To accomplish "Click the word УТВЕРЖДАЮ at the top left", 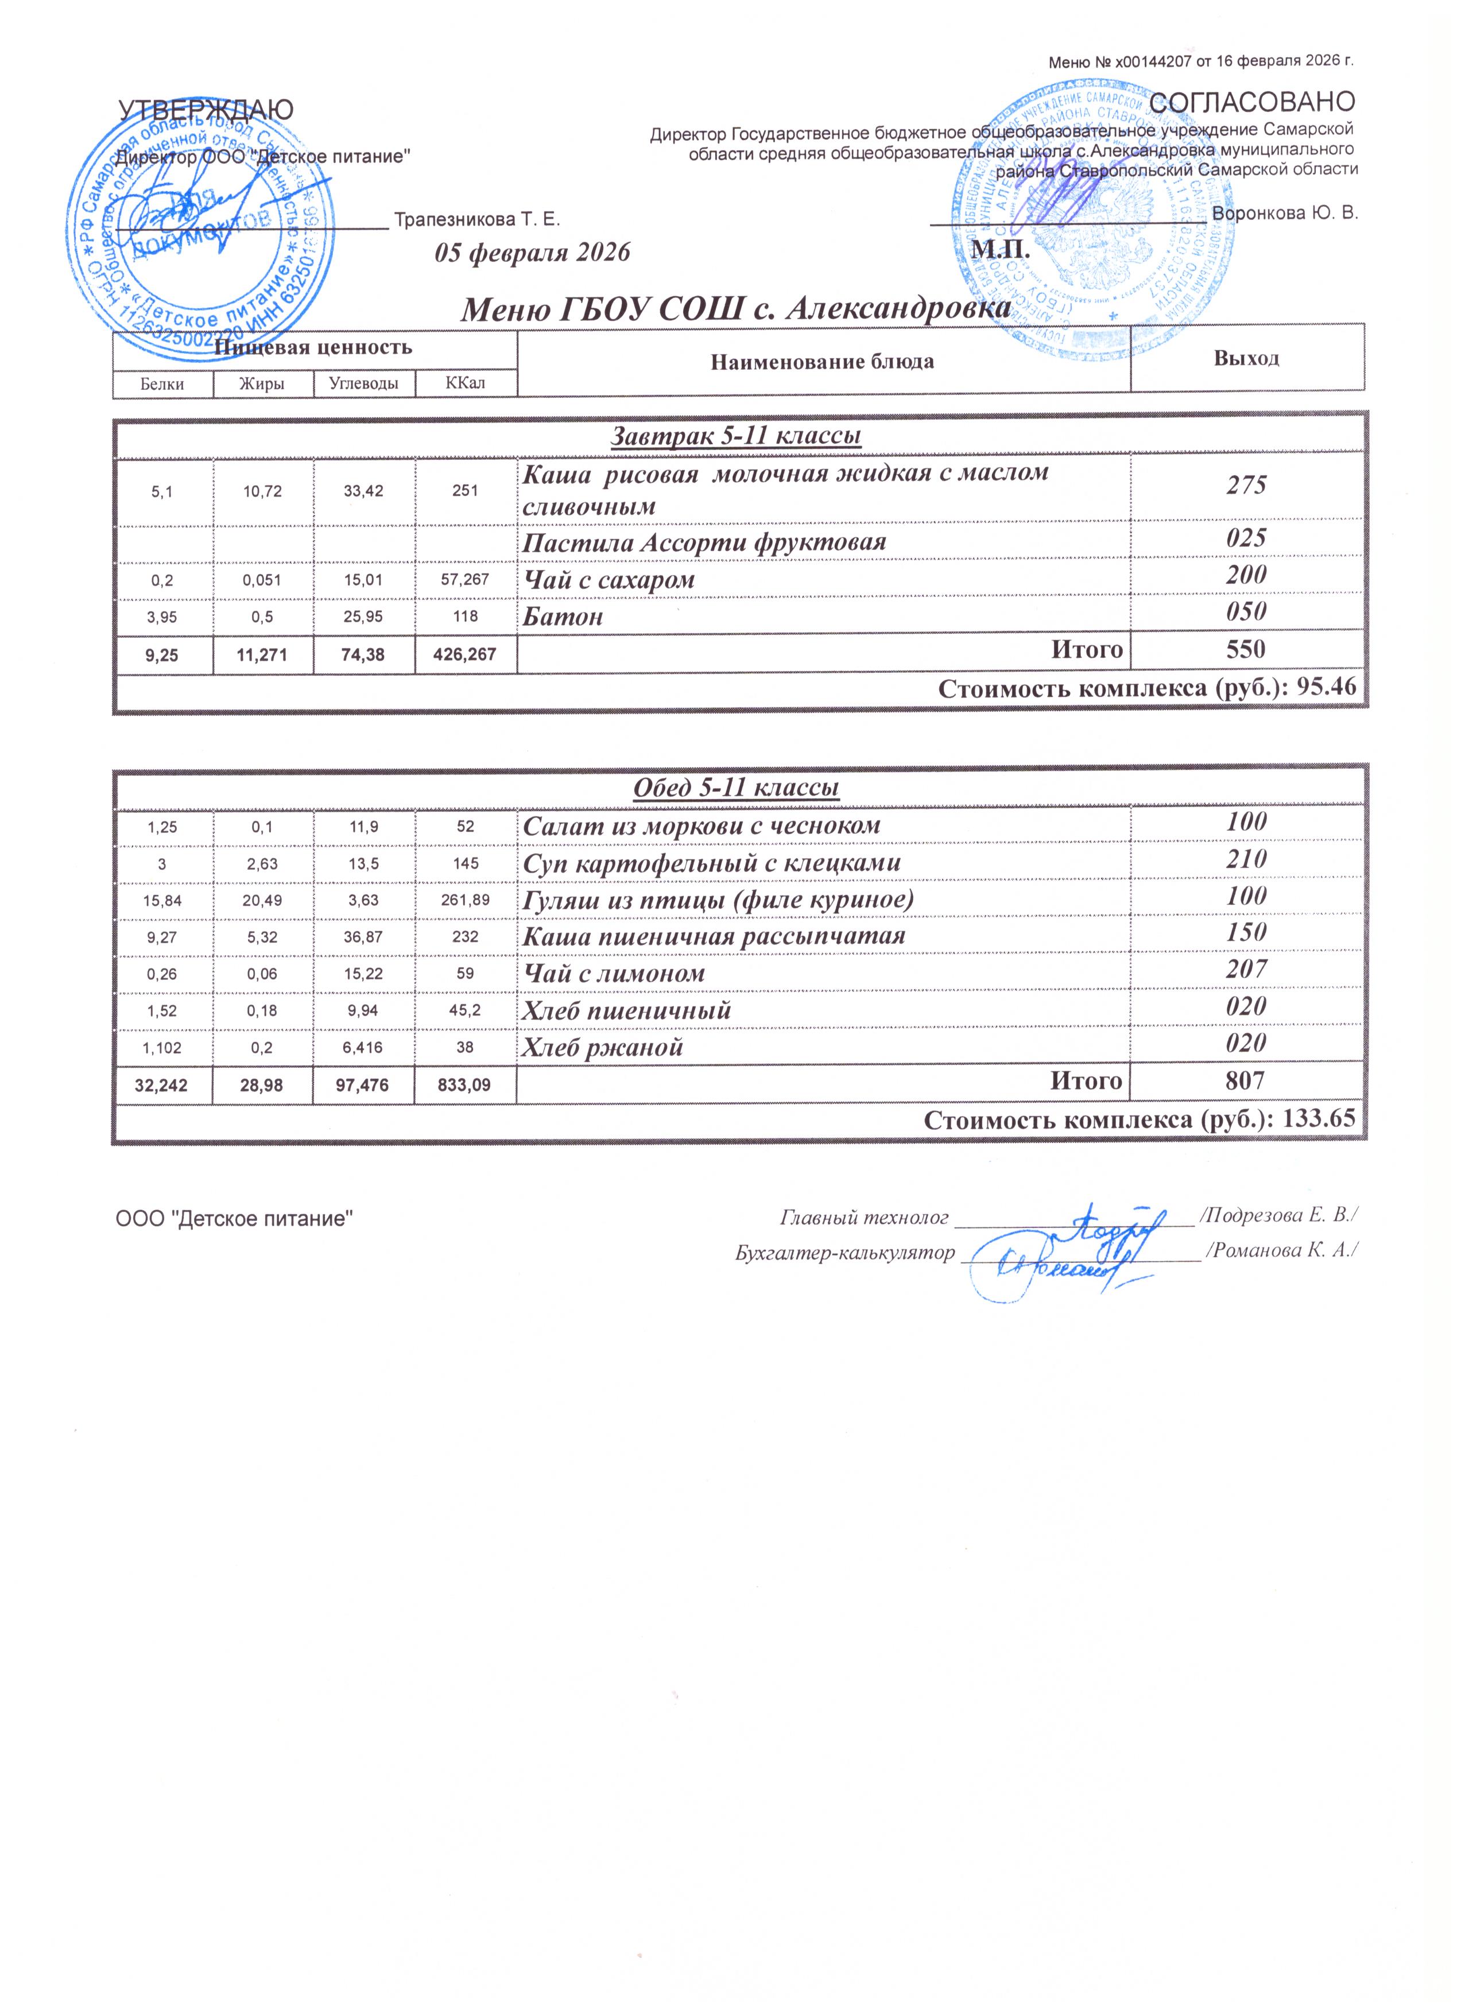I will coord(206,109).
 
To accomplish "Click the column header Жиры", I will coord(262,384).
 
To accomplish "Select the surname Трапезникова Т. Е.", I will coord(477,219).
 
